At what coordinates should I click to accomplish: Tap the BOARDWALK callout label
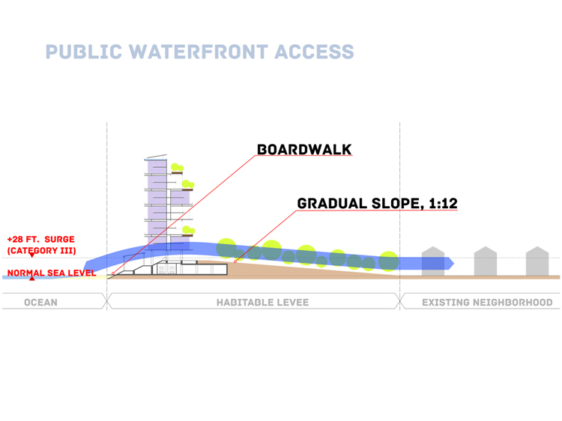pyautogui.click(x=304, y=150)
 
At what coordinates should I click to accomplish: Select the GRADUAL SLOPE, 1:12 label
pyautogui.click(x=378, y=204)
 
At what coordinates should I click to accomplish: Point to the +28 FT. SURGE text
pyautogui.click(x=41, y=240)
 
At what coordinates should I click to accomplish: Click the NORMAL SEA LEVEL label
pyautogui.click(x=52, y=273)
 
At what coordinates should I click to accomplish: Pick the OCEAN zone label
pyautogui.click(x=40, y=303)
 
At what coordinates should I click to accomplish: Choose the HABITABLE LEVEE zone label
pyautogui.click(x=262, y=303)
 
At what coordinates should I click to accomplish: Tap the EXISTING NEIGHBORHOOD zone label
pyautogui.click(x=487, y=303)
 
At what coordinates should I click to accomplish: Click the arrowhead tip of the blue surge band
pyautogui.click(x=454, y=264)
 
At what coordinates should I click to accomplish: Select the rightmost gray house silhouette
pyautogui.click(x=537, y=261)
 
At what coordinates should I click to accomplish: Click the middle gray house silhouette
pyautogui.click(x=486, y=261)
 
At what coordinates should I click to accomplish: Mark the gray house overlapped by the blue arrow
pyautogui.click(x=433, y=261)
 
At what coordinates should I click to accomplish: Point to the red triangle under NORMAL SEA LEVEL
pyautogui.click(x=32, y=278)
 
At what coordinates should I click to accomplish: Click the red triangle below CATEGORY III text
pyautogui.click(x=32, y=255)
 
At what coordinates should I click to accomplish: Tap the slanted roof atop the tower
pyautogui.click(x=157, y=157)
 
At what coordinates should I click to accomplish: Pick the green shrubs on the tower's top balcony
pyautogui.click(x=177, y=167)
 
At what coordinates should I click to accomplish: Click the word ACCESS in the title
pyautogui.click(x=314, y=52)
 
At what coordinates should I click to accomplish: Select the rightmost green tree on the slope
pyautogui.click(x=388, y=261)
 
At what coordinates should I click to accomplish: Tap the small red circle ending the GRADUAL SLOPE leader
pyautogui.click(x=235, y=262)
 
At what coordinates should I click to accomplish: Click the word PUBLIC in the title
pyautogui.click(x=84, y=52)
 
